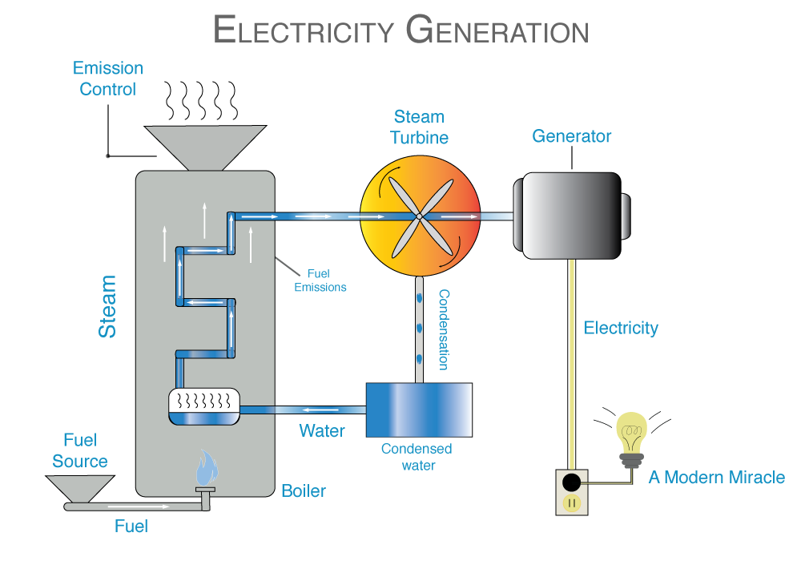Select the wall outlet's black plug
571,482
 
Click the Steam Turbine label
419,127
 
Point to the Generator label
571,136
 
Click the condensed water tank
418,410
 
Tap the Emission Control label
108,79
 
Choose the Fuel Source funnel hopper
78,488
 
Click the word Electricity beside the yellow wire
621,328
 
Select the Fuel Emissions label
320,280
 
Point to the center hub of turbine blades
419,216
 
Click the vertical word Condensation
443,329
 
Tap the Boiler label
304,490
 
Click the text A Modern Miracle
717,478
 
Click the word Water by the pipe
322,430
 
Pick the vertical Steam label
107,307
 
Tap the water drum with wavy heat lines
204,406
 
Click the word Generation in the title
497,30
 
